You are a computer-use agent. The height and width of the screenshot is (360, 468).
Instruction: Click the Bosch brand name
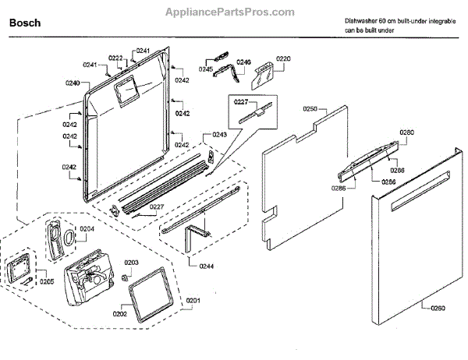(x=24, y=24)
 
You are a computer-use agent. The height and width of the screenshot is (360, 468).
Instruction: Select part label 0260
(x=438, y=309)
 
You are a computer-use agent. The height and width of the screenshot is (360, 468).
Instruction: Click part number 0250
(x=309, y=109)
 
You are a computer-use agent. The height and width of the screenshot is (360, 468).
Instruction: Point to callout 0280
(x=407, y=132)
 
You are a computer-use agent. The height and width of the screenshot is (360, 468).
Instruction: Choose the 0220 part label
(x=283, y=58)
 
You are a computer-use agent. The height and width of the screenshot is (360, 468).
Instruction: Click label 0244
(x=206, y=267)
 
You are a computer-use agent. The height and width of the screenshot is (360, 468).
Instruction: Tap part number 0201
(x=192, y=300)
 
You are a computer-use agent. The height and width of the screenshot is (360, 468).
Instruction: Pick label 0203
(x=132, y=263)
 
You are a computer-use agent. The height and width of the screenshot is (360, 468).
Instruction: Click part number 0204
(x=87, y=229)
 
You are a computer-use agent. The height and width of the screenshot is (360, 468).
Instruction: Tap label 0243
(x=220, y=135)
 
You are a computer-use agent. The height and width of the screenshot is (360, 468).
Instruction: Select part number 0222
(x=115, y=58)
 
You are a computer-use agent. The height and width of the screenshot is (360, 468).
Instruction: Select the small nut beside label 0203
(x=124, y=277)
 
